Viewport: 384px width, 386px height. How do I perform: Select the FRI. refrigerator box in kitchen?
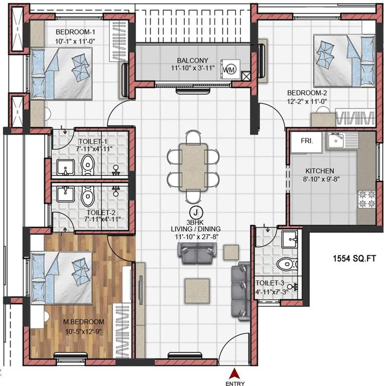[x=307, y=142]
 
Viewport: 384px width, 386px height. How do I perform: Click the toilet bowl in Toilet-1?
[x=88, y=164]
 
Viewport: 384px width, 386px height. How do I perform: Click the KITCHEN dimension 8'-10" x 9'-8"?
[x=322, y=179]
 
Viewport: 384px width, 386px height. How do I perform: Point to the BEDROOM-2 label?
[x=307, y=93]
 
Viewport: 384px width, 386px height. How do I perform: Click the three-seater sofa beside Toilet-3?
[x=241, y=291]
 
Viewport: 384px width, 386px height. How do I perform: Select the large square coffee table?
[x=197, y=290]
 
